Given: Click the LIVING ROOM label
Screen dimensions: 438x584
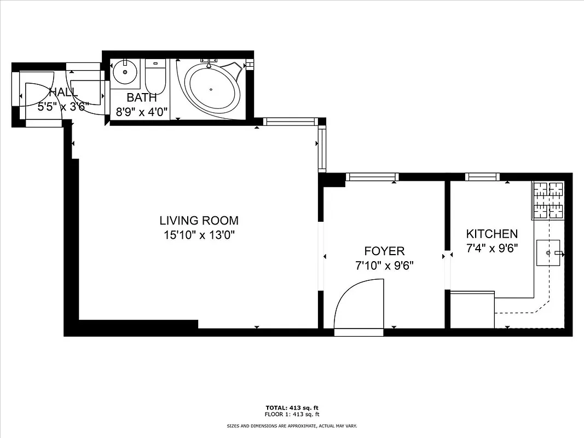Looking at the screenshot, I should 199,221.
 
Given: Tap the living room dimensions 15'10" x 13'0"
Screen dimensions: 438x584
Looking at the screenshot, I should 199,235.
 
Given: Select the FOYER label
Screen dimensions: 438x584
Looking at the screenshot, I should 384,251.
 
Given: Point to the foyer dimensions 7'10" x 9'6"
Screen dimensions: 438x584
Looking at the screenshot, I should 384,266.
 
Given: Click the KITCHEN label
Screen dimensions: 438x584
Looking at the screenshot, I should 492,234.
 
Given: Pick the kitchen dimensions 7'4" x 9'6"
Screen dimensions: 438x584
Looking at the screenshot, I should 492,247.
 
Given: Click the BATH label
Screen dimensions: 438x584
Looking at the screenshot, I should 142,97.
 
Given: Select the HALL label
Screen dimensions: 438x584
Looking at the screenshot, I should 63,92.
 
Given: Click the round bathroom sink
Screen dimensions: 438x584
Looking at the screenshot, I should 126,71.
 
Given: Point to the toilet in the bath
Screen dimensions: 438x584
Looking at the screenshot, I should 155,77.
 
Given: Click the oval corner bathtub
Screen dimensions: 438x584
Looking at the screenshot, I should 212,89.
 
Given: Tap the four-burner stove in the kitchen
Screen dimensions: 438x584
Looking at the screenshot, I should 548,200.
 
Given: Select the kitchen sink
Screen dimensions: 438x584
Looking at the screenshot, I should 550,253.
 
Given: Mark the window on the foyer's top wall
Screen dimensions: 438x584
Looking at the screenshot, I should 372,176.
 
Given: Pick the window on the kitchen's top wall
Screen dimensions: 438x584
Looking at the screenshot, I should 482,176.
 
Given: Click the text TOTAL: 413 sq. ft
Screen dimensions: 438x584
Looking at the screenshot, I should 292,408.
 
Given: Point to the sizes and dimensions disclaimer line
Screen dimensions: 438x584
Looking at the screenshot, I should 292,425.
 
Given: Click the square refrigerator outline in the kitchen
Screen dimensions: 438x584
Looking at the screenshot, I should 472,310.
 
